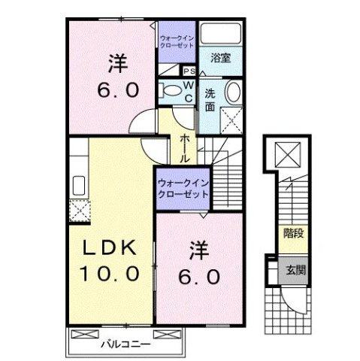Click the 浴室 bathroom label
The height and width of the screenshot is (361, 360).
point(219,56)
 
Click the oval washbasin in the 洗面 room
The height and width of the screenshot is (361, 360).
point(233,93)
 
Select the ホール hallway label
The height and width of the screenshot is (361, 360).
point(185,147)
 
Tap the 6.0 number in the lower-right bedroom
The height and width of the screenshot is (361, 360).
point(198,277)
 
